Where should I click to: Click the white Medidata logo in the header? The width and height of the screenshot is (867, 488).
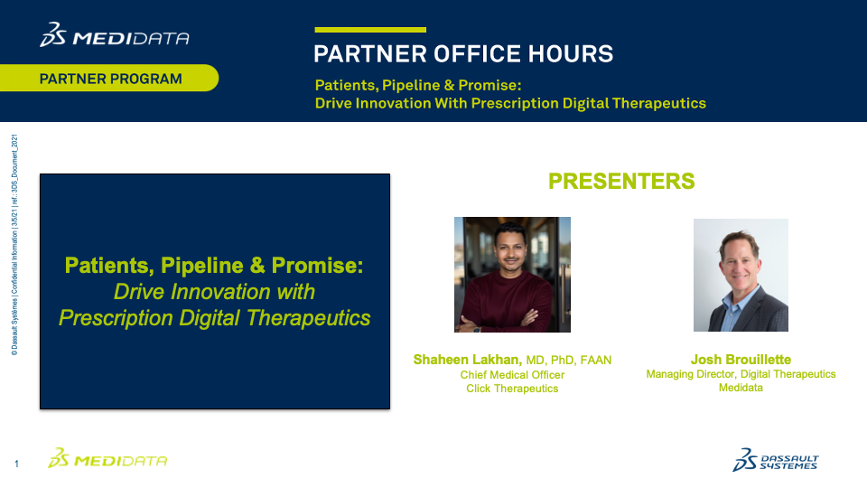[x=115, y=35]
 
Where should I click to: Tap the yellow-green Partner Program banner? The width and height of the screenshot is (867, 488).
[x=109, y=78]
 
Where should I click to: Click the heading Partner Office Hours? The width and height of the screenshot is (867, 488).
[x=463, y=54]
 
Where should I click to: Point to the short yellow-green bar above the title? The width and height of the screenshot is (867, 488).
[x=370, y=30]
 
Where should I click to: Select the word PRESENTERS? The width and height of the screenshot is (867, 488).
[x=621, y=181]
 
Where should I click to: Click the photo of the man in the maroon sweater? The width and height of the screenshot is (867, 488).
[x=512, y=275]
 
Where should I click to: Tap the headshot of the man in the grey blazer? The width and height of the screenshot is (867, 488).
[x=741, y=275]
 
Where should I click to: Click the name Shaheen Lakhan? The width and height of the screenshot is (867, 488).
[x=468, y=360]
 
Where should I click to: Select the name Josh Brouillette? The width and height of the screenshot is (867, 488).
[x=741, y=360]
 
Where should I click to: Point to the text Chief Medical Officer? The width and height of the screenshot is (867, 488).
[x=512, y=374]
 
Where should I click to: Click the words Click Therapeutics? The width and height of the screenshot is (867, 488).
[x=512, y=389]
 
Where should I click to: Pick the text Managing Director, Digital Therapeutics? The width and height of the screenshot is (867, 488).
[x=741, y=374]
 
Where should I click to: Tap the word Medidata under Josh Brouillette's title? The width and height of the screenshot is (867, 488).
[x=741, y=388]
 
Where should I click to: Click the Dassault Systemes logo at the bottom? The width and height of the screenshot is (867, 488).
[x=776, y=460]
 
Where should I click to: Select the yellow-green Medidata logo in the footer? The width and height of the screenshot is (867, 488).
[x=107, y=459]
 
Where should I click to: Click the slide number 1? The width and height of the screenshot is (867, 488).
[x=16, y=464]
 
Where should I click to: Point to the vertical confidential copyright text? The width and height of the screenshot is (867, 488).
[x=14, y=245]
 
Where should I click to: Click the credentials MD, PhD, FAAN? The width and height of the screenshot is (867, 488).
[x=568, y=361]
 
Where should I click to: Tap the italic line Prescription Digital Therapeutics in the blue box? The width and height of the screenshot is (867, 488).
[x=215, y=318]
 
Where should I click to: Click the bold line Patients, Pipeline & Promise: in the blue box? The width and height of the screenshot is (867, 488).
[x=215, y=266]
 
